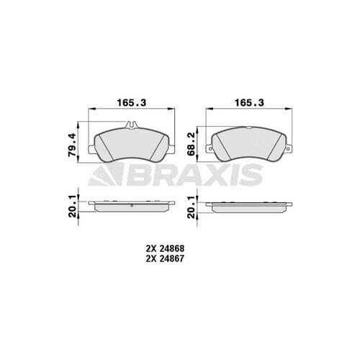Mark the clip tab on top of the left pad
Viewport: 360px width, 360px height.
[x=131, y=125]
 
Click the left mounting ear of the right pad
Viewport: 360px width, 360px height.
[x=210, y=150]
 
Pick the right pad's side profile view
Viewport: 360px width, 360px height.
[x=248, y=206]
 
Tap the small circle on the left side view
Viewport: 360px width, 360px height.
[x=134, y=204]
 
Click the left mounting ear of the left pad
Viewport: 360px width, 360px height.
[x=91, y=150]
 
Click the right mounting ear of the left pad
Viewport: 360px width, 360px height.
[x=171, y=150]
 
